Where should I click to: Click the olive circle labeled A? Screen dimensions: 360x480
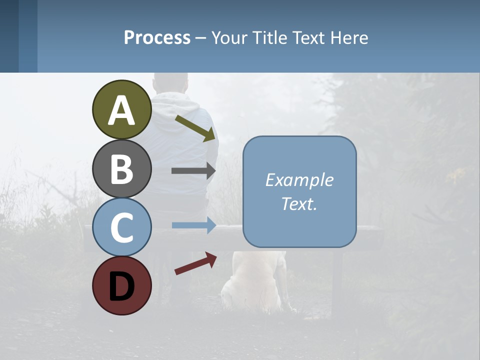121,109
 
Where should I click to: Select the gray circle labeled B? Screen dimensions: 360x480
121,168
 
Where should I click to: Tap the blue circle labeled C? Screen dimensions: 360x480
121,227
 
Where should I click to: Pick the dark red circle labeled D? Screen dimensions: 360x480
121,285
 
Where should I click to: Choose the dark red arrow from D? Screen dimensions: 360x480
195,263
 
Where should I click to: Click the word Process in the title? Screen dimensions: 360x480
157,37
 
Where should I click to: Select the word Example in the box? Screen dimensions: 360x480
299,180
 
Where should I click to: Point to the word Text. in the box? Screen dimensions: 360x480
299,203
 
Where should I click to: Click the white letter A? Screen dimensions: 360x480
121,110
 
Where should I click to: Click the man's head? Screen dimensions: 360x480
171,82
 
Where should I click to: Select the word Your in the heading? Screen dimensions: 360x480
227,37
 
